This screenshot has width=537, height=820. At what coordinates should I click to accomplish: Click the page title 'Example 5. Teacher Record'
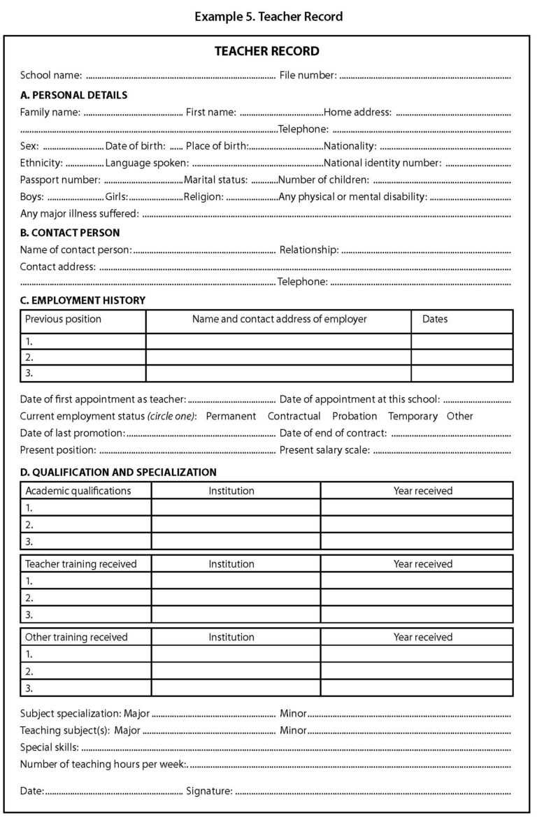click(x=268, y=16)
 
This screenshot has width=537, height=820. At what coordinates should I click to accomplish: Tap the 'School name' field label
click(x=51, y=75)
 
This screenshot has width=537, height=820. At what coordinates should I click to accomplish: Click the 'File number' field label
click(x=308, y=75)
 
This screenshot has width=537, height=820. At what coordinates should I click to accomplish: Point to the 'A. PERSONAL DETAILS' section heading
click(x=73, y=94)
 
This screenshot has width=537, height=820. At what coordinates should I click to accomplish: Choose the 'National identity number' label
click(x=382, y=163)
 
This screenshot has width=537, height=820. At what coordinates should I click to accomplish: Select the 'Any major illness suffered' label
click(x=79, y=213)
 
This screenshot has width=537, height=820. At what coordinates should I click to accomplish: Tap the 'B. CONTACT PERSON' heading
click(x=69, y=233)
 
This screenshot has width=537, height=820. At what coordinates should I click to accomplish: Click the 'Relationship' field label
click(x=309, y=250)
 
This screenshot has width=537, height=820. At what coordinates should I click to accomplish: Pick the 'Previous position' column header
click(x=63, y=319)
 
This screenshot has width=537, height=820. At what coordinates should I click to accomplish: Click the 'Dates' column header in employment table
click(x=435, y=319)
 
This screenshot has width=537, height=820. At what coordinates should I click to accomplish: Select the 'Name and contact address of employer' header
click(x=279, y=319)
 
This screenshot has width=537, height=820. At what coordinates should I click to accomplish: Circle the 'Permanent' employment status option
click(x=231, y=416)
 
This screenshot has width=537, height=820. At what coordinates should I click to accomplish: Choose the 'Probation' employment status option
click(x=355, y=416)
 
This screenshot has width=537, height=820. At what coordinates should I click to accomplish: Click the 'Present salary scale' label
click(x=324, y=449)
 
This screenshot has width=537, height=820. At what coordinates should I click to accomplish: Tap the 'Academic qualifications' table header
click(x=78, y=491)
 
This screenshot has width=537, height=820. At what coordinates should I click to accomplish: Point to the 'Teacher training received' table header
click(x=80, y=563)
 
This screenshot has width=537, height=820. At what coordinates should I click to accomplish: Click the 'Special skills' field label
click(x=49, y=747)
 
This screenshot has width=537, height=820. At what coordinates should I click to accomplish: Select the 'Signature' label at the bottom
click(x=209, y=791)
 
